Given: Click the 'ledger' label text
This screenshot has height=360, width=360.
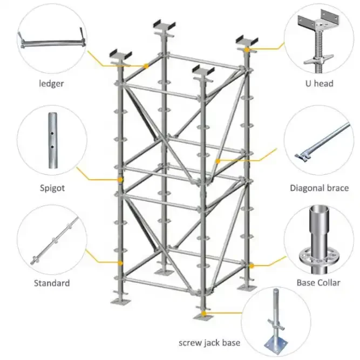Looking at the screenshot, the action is (x=51, y=84).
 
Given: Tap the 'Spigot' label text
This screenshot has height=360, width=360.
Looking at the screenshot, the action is (x=52, y=188).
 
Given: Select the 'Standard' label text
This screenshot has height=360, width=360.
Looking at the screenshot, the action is (x=52, y=283).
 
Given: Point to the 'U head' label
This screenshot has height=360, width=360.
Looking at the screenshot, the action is (x=320, y=83).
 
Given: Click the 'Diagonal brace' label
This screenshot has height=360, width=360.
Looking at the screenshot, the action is (x=320, y=188).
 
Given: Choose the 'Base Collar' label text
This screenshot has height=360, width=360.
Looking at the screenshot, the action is (x=318, y=283).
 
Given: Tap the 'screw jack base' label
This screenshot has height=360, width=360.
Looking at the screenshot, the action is (x=209, y=343).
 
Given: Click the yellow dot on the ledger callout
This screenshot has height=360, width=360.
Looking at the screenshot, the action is (x=146, y=66).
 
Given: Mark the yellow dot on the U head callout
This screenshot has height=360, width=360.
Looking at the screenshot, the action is (x=247, y=49).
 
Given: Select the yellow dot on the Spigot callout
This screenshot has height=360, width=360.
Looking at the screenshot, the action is (x=120, y=180).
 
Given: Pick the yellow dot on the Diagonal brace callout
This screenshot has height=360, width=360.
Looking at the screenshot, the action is (x=218, y=161).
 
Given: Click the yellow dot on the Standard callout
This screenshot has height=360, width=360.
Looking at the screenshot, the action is (x=120, y=263).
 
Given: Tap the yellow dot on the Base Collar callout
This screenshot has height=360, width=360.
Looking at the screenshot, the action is (x=252, y=266).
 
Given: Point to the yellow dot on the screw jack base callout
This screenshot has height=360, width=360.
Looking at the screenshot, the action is (x=203, y=314).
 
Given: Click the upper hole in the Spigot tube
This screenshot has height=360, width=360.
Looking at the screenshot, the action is (x=52, y=133).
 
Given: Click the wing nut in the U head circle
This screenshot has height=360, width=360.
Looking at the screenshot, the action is (x=318, y=60).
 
